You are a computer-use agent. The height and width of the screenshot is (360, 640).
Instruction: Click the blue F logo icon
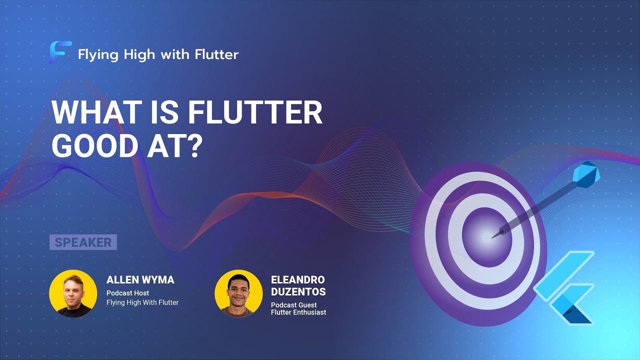pos(60,52)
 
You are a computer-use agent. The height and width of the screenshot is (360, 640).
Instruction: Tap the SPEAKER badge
pos(83,242)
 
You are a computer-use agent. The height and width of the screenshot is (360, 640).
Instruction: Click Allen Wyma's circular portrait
pos(73,293)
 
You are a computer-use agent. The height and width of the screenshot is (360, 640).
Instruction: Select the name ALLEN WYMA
pos(140,280)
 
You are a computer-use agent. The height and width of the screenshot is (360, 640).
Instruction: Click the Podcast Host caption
pos(127,293)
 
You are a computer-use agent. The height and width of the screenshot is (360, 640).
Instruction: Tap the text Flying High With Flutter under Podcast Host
pos(142,302)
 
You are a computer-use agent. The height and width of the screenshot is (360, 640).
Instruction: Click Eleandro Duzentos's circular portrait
pos(238,293)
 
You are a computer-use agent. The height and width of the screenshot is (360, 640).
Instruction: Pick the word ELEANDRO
pos(297,280)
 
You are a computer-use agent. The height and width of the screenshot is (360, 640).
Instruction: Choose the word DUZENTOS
pos(298,292)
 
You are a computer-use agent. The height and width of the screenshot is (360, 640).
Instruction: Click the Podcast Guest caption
pos(294,304)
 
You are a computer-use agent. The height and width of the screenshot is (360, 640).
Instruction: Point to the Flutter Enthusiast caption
pos(298,312)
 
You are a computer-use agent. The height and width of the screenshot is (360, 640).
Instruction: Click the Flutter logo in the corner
pos(565,287)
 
